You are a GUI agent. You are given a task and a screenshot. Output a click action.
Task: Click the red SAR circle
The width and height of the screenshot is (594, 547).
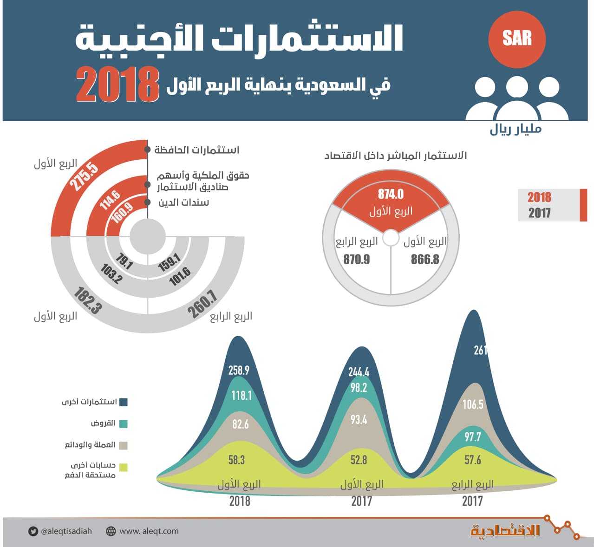tap(516, 39)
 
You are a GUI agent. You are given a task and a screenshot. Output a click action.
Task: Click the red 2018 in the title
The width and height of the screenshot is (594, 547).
tap(118, 85)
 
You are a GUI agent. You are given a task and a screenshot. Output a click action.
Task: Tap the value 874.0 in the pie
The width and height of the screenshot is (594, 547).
tap(391, 194)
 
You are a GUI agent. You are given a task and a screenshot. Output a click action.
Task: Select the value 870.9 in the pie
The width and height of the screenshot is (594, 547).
tap(357, 259)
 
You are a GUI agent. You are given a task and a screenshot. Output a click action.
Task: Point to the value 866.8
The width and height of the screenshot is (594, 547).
tap(425, 259)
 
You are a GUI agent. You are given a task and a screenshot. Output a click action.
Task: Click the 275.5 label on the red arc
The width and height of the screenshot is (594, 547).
tap(84, 176)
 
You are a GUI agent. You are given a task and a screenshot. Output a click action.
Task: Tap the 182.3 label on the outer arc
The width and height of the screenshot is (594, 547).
tap(87, 300)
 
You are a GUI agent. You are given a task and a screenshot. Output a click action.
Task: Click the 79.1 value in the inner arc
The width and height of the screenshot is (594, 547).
tap(124, 261)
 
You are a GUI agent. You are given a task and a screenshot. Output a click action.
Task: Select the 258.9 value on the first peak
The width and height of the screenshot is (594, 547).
tap(239, 370)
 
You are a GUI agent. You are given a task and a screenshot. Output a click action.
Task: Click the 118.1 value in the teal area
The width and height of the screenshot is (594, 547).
tap(242, 395)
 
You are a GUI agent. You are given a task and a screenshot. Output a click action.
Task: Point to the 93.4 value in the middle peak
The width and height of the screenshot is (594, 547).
tap(359, 420)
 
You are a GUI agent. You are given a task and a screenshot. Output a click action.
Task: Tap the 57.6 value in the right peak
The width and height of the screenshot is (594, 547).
tap(473, 460)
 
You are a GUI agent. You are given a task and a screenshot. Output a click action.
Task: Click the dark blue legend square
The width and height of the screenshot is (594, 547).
tap(123, 402)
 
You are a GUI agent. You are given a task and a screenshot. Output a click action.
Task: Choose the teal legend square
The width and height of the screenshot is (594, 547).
tap(123, 423)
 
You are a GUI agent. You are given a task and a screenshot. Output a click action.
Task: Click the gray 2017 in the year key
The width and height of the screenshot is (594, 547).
tap(539, 213)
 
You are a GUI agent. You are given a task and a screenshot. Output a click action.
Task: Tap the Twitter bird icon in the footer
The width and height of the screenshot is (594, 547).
tap(33, 531)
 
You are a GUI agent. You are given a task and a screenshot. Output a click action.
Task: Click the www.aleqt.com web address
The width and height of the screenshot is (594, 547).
tap(149, 531)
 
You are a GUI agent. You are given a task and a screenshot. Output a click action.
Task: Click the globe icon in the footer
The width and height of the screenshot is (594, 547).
tap(111, 531)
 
